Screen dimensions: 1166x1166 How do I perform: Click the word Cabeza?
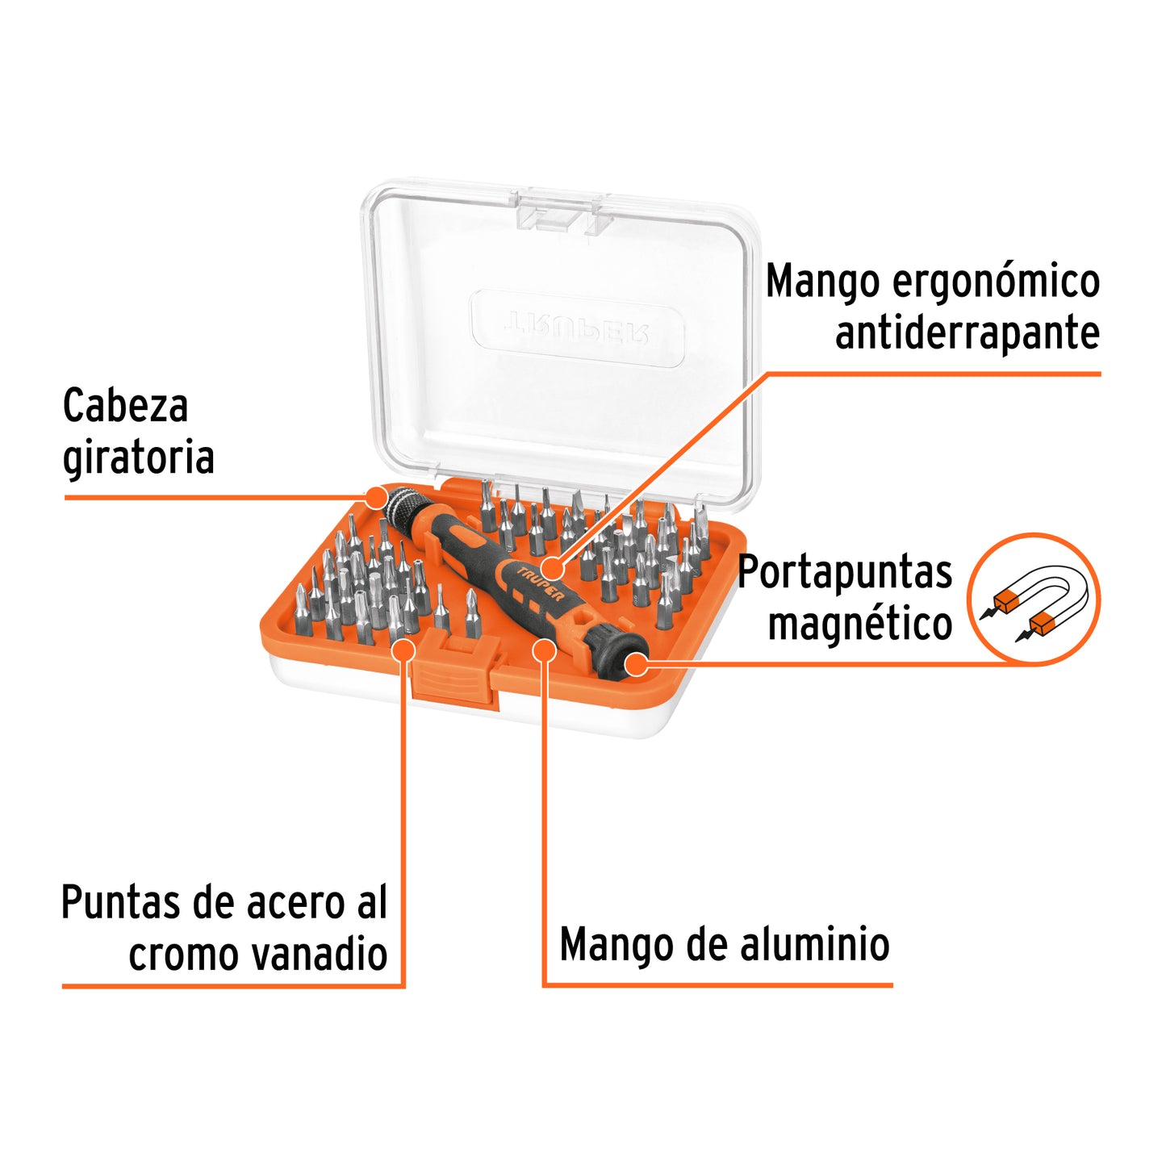point(125,405)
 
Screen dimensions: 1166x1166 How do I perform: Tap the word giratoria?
point(138,458)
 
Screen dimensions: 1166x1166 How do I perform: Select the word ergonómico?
point(995,282)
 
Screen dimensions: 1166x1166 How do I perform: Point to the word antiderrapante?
point(967,333)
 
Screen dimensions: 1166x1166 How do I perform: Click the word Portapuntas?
point(845,572)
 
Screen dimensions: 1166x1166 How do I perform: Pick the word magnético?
point(859,624)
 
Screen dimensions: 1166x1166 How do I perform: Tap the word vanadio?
point(320,955)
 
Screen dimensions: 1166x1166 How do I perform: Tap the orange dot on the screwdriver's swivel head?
point(376,496)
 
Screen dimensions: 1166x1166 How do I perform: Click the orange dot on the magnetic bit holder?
point(637,664)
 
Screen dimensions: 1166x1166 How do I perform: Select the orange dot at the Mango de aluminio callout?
point(545,650)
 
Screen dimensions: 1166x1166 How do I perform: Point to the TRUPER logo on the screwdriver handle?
point(541,583)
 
